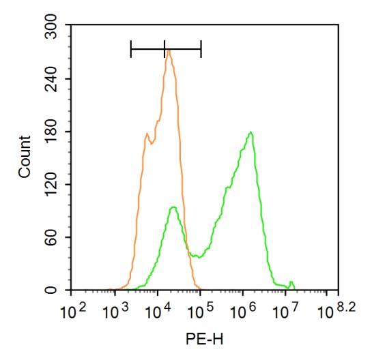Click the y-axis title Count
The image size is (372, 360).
point(25,157)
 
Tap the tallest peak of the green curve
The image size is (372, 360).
point(251,132)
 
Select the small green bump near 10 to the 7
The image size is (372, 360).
point(291,282)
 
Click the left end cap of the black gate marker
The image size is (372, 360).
point(130,48)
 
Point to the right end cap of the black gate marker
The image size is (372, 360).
point(201,48)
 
